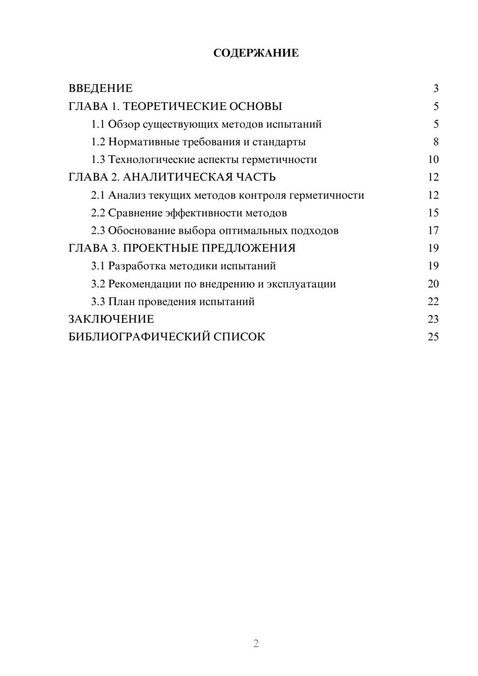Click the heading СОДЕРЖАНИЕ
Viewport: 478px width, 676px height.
click(x=256, y=53)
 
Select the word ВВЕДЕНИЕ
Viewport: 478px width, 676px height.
click(x=100, y=88)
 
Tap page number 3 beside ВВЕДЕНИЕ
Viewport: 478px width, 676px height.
click(x=435, y=88)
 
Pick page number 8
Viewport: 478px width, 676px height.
click(x=435, y=142)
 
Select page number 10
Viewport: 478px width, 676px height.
click(x=433, y=160)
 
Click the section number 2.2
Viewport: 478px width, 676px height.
click(x=98, y=213)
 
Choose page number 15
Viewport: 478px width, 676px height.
click(x=433, y=213)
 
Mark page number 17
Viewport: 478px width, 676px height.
click(x=433, y=231)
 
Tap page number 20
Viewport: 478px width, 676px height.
click(x=433, y=284)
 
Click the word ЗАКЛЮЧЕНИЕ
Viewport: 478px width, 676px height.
click(x=111, y=319)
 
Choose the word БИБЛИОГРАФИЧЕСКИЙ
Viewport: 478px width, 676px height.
click(x=139, y=337)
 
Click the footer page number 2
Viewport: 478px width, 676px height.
click(x=256, y=643)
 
